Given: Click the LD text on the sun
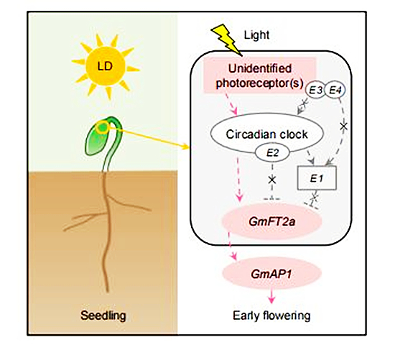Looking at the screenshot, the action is click(105, 66).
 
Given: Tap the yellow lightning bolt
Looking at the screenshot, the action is click(226, 39).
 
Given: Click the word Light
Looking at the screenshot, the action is click(256, 34).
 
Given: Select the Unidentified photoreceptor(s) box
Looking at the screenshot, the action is click(260, 75).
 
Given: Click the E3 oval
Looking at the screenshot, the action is click(315, 90).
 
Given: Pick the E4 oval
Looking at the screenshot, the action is click(335, 90).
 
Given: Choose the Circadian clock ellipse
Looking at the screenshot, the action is click(266, 134).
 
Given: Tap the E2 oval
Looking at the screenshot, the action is click(272, 153).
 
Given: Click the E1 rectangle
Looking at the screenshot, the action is click(317, 178).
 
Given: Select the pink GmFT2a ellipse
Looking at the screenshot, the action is click(271, 221).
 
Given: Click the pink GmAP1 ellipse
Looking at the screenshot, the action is click(271, 274).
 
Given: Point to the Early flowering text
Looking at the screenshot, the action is click(271, 315).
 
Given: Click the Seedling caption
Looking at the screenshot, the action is click(103, 315).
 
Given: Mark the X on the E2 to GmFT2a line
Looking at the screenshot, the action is click(272, 180).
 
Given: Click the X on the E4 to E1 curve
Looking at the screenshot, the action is click(343, 126).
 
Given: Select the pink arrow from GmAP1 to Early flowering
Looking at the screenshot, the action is click(271, 295).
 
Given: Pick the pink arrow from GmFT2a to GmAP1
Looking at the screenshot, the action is click(233, 246).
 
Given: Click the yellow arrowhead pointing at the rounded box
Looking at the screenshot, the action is click(186, 147).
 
